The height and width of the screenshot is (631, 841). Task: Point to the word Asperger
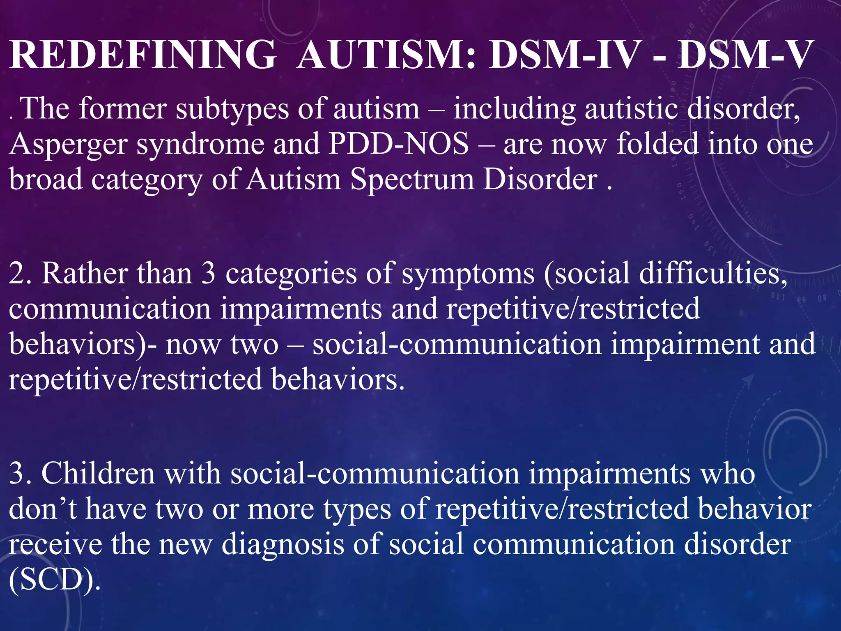point(68,145)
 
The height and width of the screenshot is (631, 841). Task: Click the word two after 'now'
point(255,344)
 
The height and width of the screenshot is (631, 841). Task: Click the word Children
point(99,474)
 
